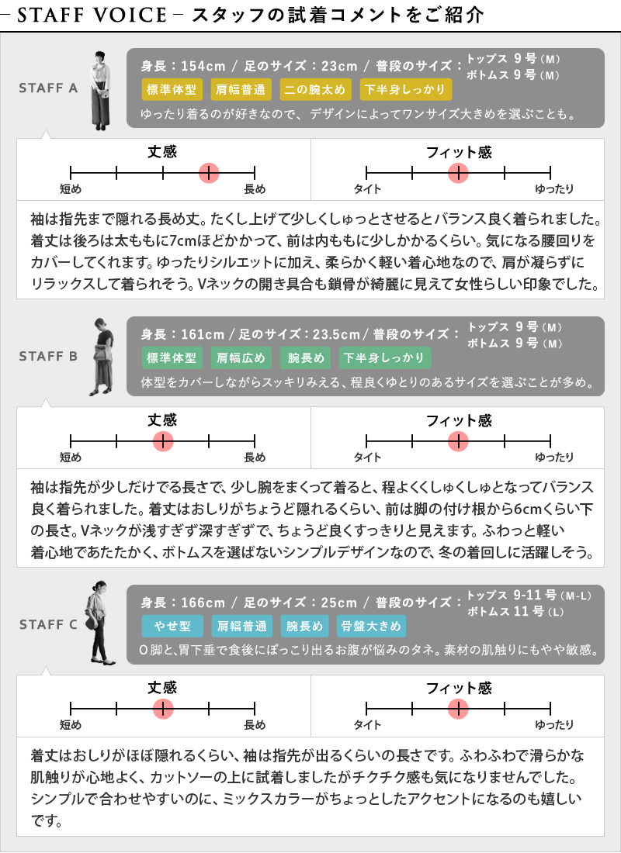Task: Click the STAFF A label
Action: (x=48, y=88)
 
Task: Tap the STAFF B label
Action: (x=48, y=357)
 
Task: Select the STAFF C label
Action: (x=48, y=624)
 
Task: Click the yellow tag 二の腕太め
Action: (x=315, y=90)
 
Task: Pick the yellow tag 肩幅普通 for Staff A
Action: (x=241, y=90)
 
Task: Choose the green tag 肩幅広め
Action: (x=241, y=358)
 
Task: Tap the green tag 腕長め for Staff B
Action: (x=306, y=358)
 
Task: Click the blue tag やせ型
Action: (x=172, y=626)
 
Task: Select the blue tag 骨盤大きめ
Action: (x=371, y=626)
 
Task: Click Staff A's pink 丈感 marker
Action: (x=209, y=173)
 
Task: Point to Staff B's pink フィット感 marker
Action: (x=458, y=441)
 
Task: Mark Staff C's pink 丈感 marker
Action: (x=163, y=709)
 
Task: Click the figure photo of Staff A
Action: (x=101, y=91)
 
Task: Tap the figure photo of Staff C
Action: (x=99, y=623)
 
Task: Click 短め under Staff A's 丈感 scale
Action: (x=71, y=189)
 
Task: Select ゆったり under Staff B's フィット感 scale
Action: (x=554, y=458)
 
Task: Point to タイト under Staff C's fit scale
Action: (x=367, y=725)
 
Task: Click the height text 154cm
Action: (x=203, y=67)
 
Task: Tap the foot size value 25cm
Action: (x=338, y=603)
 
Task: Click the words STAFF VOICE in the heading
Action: (x=92, y=15)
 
